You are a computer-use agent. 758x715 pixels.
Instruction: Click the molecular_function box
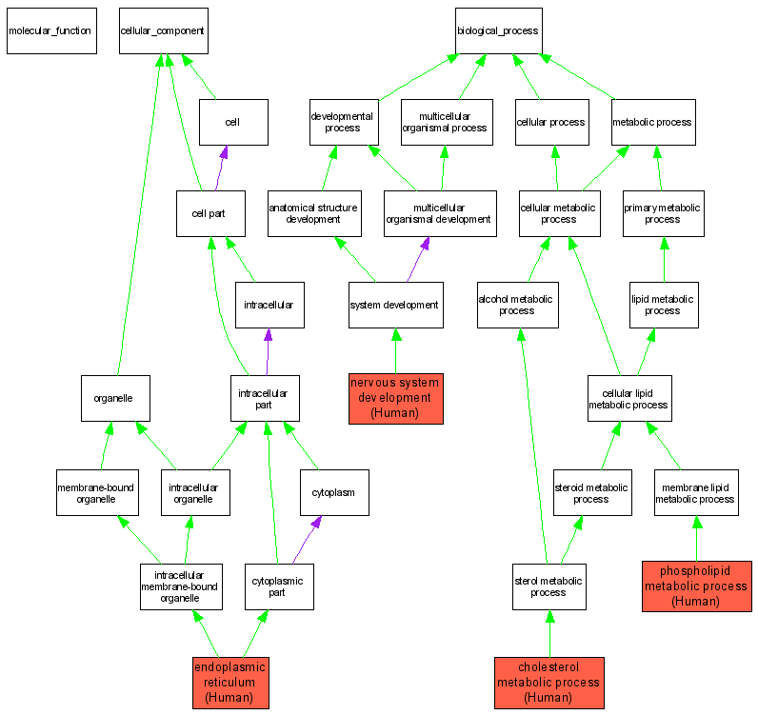[x=50, y=30]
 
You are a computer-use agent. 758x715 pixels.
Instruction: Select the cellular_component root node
[x=163, y=30]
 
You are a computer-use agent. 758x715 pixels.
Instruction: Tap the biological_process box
[x=498, y=30]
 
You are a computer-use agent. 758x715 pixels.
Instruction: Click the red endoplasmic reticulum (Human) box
[x=230, y=682]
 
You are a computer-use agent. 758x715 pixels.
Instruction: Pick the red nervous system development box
[x=395, y=397]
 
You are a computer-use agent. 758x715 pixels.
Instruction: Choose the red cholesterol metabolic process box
[x=549, y=682]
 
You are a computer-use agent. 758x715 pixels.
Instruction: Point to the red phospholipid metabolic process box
[x=696, y=586]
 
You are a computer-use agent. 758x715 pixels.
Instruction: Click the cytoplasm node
[x=333, y=492]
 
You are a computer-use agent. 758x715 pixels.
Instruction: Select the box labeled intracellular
[x=269, y=305]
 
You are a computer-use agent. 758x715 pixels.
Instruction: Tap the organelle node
[x=114, y=398]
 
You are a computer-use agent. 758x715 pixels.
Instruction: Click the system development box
[x=395, y=305]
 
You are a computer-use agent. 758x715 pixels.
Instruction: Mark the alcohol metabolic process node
[x=517, y=305]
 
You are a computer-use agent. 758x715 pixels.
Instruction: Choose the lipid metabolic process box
[x=663, y=305]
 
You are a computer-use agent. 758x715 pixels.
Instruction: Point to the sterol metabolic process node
[x=549, y=586]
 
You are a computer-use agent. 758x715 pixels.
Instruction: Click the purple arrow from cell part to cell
[x=221, y=168]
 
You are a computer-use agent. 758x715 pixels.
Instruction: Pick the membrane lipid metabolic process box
[x=696, y=492]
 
